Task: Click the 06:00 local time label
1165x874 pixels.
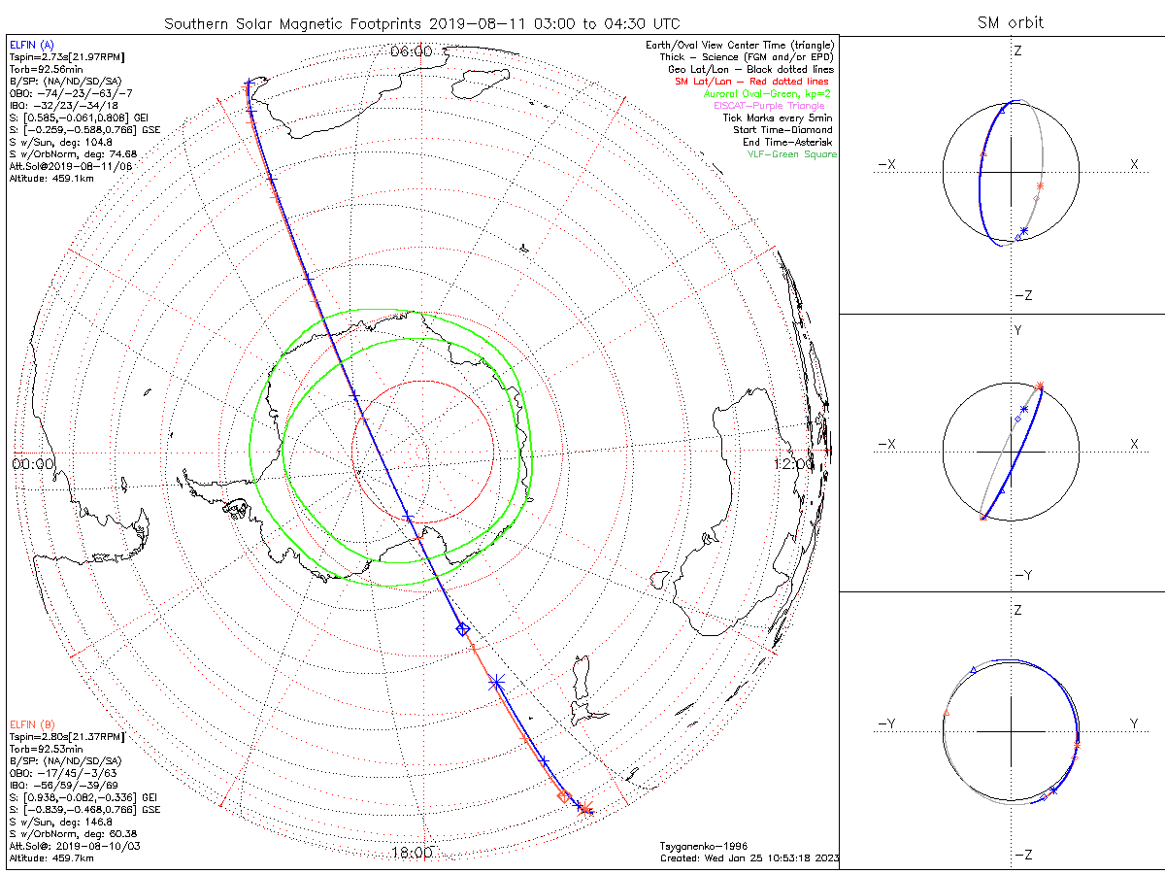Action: [412, 51]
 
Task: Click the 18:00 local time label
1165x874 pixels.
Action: [412, 852]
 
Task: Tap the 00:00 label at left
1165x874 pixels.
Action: [33, 463]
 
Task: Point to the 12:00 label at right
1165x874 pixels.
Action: [794, 463]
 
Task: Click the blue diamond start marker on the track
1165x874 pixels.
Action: [463, 629]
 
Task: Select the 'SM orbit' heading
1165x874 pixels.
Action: [1010, 22]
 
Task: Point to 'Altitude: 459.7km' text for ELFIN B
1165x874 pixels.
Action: [50, 857]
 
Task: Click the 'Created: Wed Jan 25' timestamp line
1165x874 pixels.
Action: [748, 857]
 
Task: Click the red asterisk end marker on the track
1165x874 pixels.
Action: [586, 810]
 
